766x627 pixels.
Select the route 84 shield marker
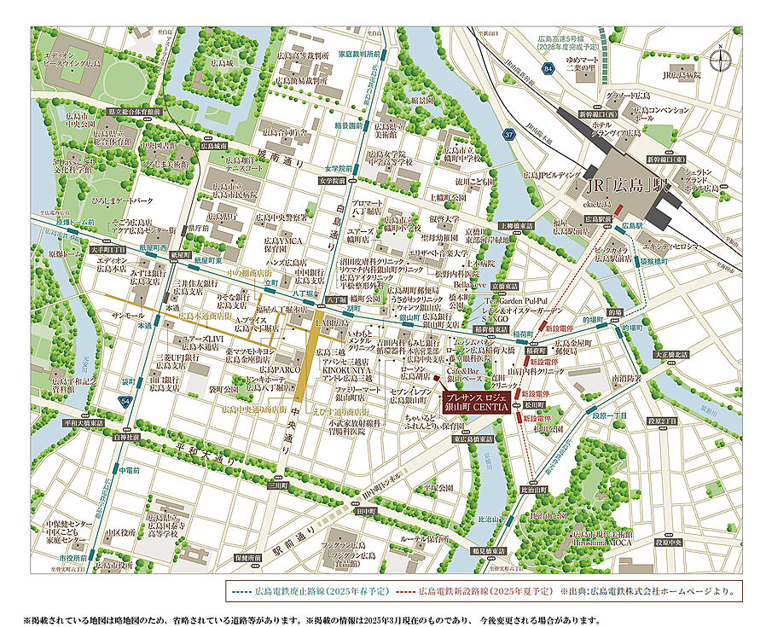click(548, 79)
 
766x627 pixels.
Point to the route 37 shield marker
click(509, 134)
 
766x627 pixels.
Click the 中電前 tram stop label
click(129, 470)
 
